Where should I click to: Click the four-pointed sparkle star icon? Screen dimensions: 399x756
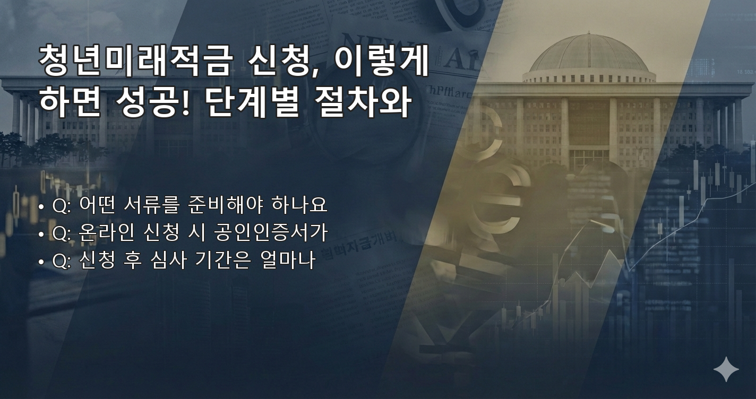(726, 369)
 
